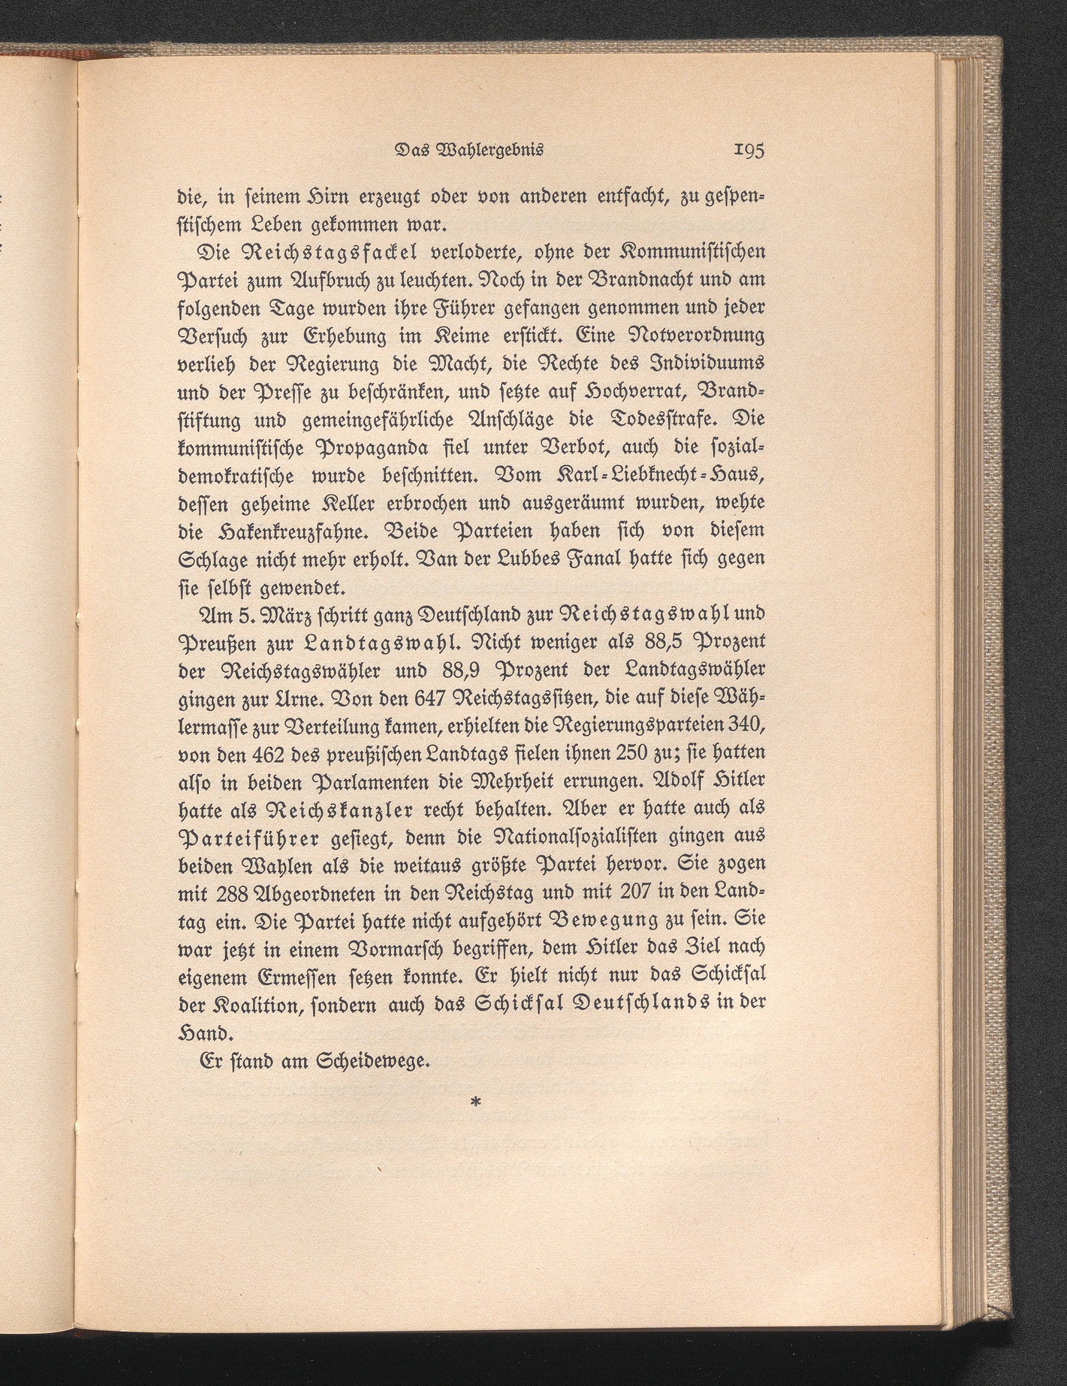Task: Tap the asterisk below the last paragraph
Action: click(x=476, y=1102)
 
